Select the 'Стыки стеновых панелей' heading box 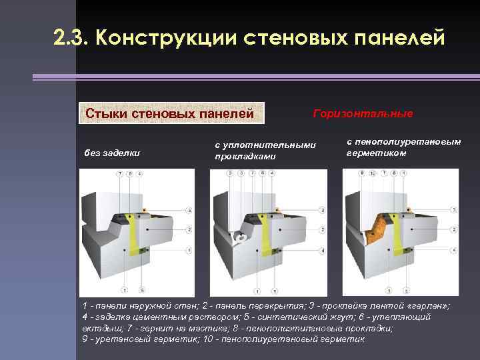point(172,113)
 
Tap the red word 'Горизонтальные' point(363,114)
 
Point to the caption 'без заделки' point(112,153)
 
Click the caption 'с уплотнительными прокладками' point(264,151)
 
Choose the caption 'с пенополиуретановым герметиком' point(403,147)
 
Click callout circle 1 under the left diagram point(125,290)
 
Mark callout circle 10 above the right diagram point(373,173)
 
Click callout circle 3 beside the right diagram point(455,210)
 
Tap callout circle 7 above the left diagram point(120,173)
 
